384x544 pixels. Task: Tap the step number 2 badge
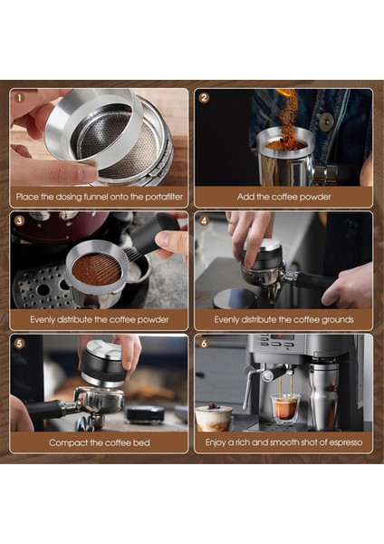click(204, 97)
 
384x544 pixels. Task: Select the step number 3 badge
click(19, 220)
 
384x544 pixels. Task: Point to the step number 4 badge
click(204, 220)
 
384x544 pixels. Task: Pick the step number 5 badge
click(19, 344)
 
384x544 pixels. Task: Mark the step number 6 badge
click(204, 344)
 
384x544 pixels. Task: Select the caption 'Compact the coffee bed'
click(99, 442)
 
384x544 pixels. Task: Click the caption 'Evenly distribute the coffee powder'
click(99, 319)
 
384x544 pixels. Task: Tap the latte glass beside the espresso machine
click(214, 416)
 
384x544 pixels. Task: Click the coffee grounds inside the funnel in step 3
click(95, 268)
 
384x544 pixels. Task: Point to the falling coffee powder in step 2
click(288, 118)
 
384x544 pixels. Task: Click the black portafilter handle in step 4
click(312, 280)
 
